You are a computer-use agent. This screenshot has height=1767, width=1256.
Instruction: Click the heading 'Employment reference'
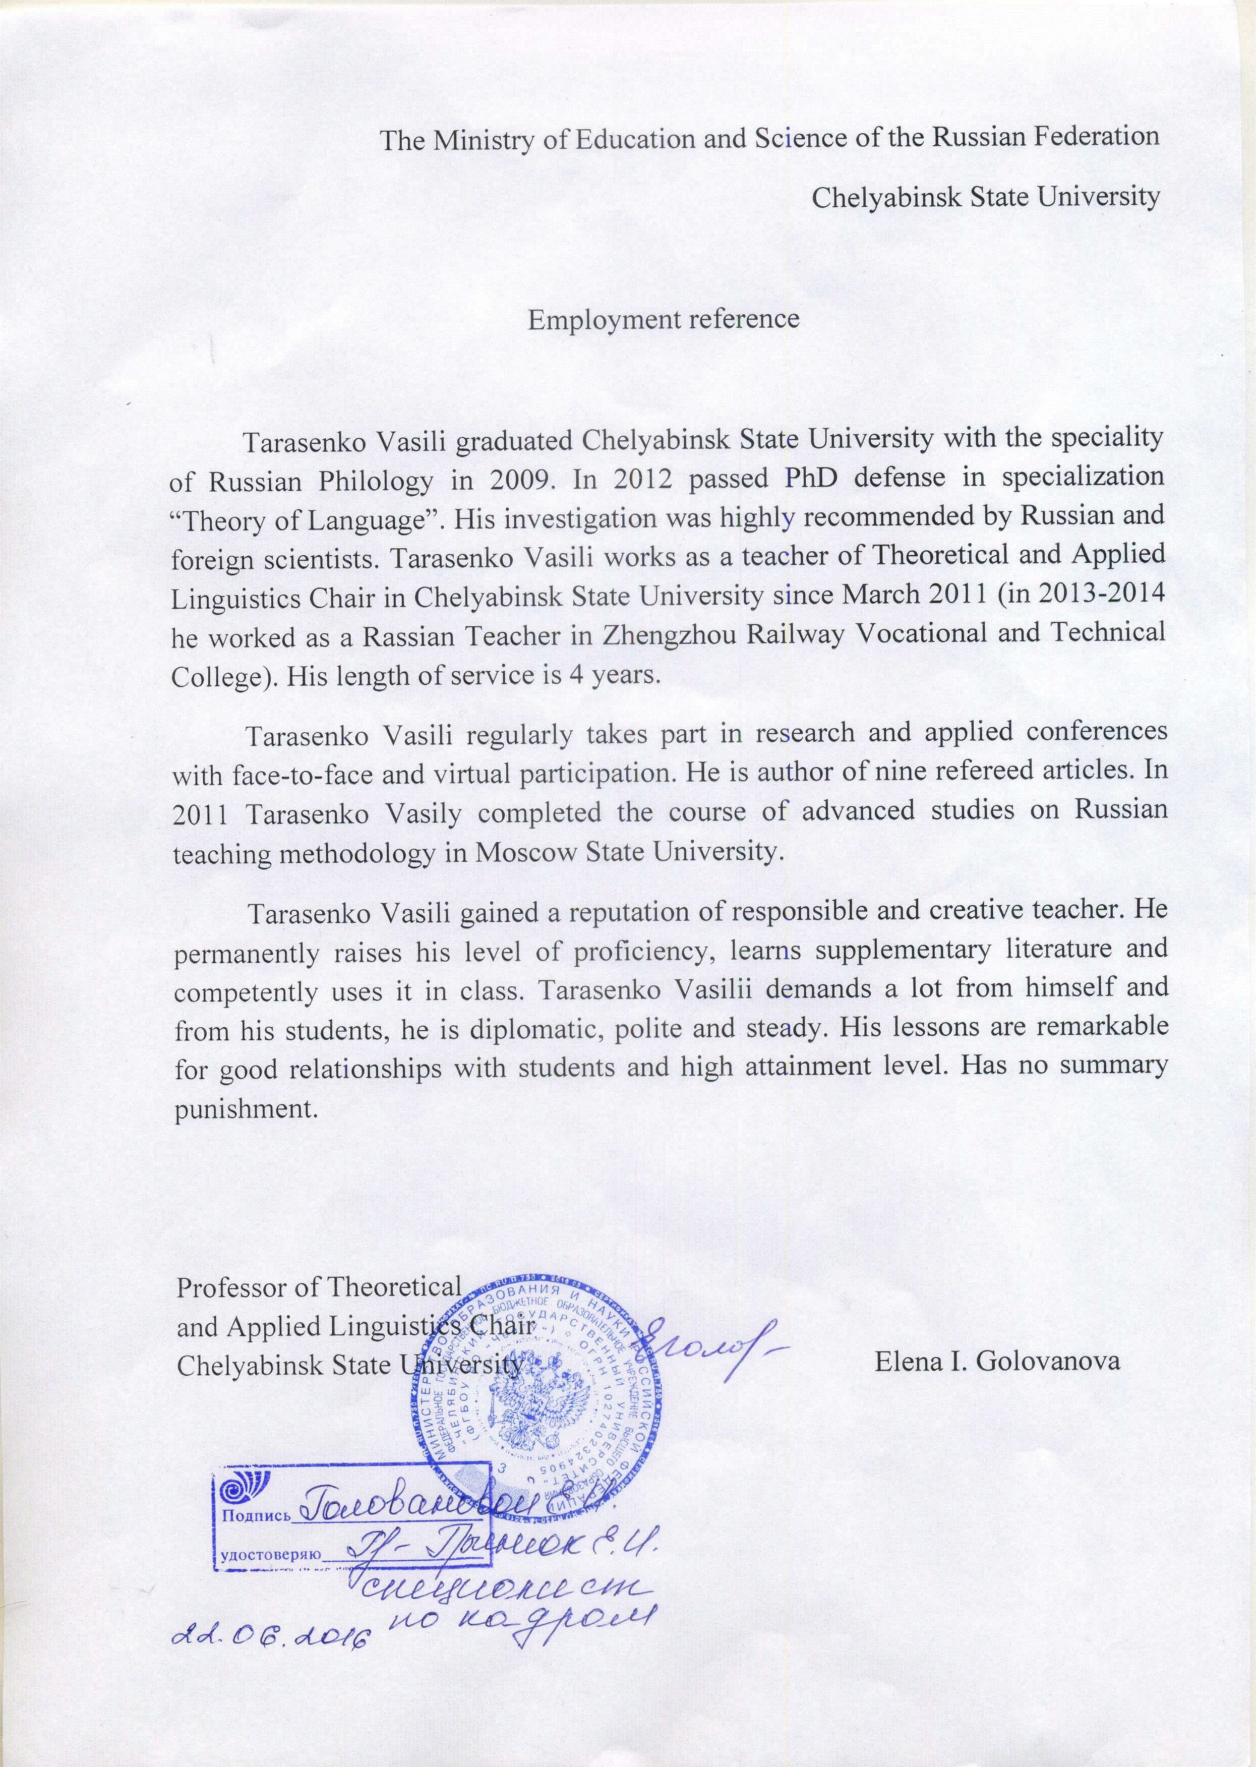(x=663, y=319)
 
